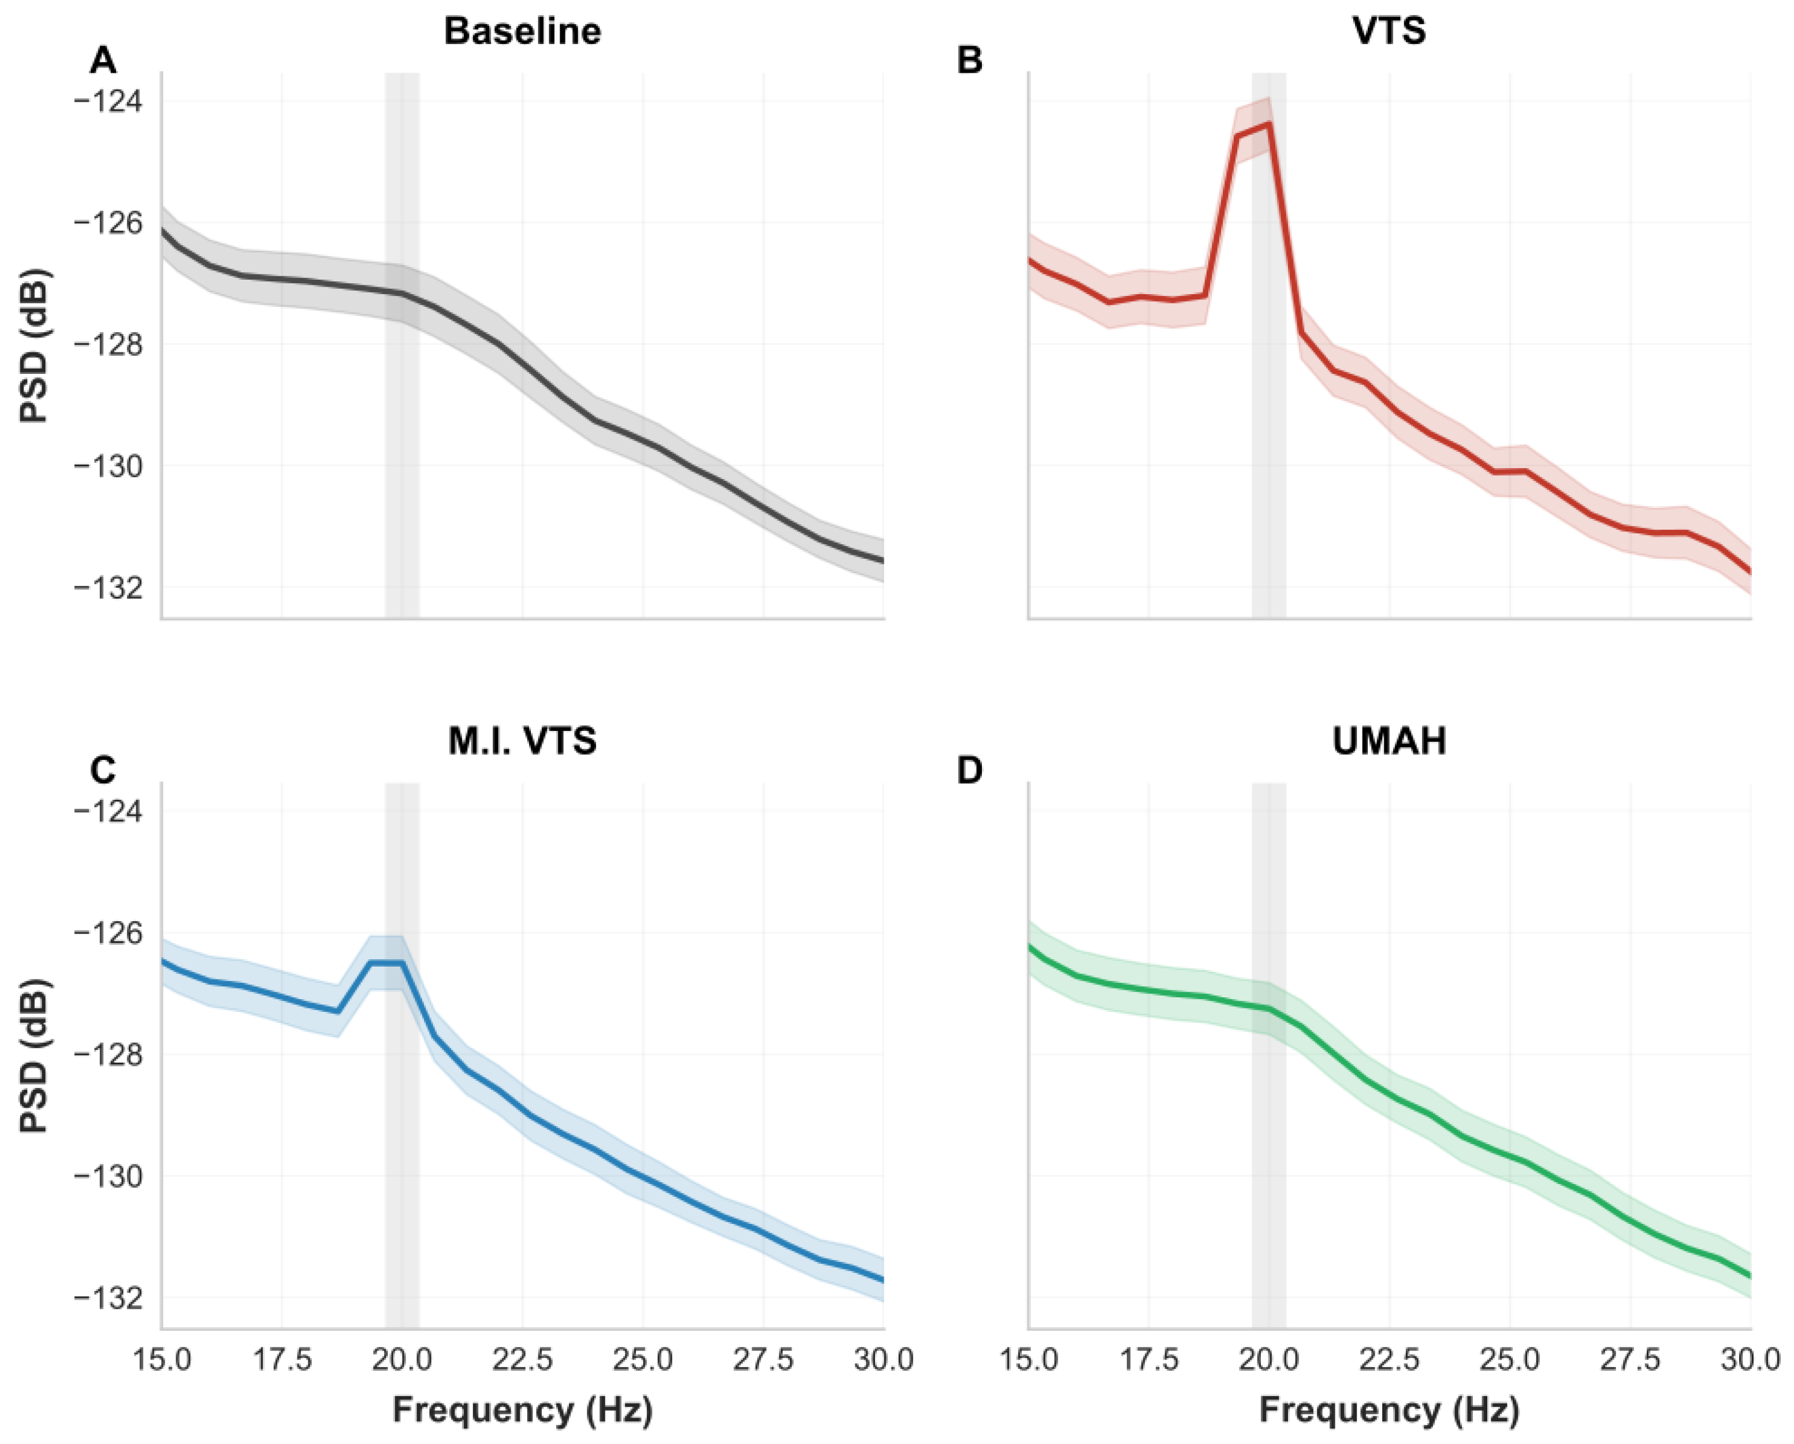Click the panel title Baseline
[x=523, y=32]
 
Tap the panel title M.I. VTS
[x=523, y=741]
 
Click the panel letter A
[x=103, y=61]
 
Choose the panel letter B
[x=970, y=61]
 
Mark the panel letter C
[x=103, y=771]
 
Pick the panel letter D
[x=970, y=771]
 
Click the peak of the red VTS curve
[x=1268, y=123]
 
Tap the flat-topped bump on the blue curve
[x=387, y=963]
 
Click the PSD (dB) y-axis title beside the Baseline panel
[x=35, y=346]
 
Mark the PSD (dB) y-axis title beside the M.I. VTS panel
[x=35, y=1055]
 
